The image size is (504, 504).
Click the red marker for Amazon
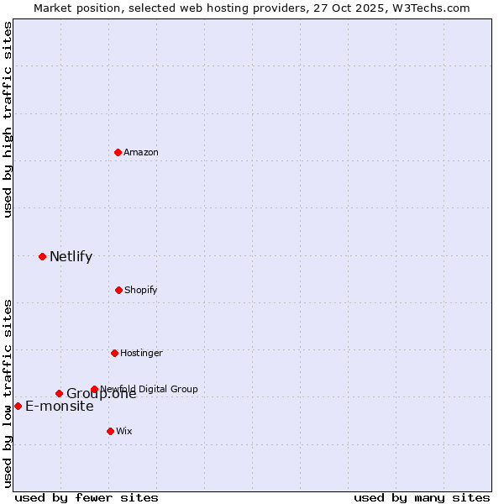pyautogui.click(x=118, y=152)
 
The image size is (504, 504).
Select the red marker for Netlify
pyautogui.click(x=42, y=256)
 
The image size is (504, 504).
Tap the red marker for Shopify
pyautogui.click(x=118, y=290)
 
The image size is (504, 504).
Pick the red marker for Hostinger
pyautogui.click(x=114, y=353)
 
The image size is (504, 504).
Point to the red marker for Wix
pyautogui.click(x=110, y=431)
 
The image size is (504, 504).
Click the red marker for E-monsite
pyautogui.click(x=18, y=406)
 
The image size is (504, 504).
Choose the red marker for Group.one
pyautogui.click(x=59, y=393)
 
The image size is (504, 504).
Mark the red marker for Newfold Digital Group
pyautogui.click(x=94, y=389)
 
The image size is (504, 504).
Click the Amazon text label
pyautogui.click(x=141, y=152)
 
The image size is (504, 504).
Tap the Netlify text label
pyautogui.click(x=71, y=257)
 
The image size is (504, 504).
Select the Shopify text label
pyautogui.click(x=141, y=290)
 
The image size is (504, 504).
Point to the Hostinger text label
pyautogui.click(x=141, y=353)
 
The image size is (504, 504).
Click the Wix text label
pyautogui.click(x=124, y=431)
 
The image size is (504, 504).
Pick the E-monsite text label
pyautogui.click(x=60, y=407)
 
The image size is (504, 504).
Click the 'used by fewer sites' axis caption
pyautogui.click(x=87, y=497)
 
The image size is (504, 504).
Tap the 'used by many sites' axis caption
pyautogui.click(x=422, y=497)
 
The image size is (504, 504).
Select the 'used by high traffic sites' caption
pyautogui.click(x=8, y=119)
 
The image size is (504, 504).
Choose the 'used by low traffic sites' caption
pyautogui.click(x=8, y=392)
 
